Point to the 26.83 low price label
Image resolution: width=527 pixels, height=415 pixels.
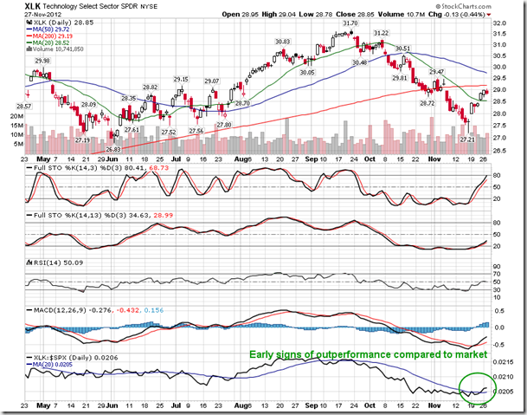point(114,149)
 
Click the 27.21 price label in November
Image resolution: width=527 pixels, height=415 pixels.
point(466,139)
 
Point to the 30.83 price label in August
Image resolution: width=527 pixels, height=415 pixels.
point(282,42)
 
